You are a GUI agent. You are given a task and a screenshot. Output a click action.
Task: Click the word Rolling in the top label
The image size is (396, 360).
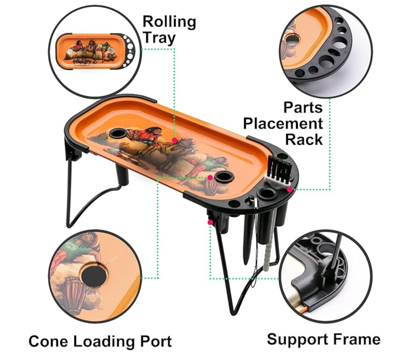click(x=169, y=22)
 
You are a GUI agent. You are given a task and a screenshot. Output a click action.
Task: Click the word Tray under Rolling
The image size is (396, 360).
click(x=159, y=38)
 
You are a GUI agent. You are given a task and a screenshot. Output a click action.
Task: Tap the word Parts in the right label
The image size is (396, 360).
click(x=303, y=107)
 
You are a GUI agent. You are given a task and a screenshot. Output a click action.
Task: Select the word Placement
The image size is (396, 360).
click(x=283, y=123)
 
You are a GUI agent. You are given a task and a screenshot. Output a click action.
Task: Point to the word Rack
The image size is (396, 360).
click(x=304, y=139)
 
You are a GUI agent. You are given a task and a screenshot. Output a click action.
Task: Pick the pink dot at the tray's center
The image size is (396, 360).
click(x=174, y=140)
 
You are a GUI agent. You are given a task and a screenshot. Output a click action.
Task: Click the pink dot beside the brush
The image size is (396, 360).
click(x=290, y=189)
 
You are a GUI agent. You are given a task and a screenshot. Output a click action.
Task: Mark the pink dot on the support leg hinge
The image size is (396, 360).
click(x=210, y=222)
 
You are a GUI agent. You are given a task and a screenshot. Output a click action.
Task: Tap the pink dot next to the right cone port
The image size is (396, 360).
click(x=210, y=178)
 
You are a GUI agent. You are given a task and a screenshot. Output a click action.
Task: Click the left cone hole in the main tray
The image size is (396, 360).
click(x=118, y=133)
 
